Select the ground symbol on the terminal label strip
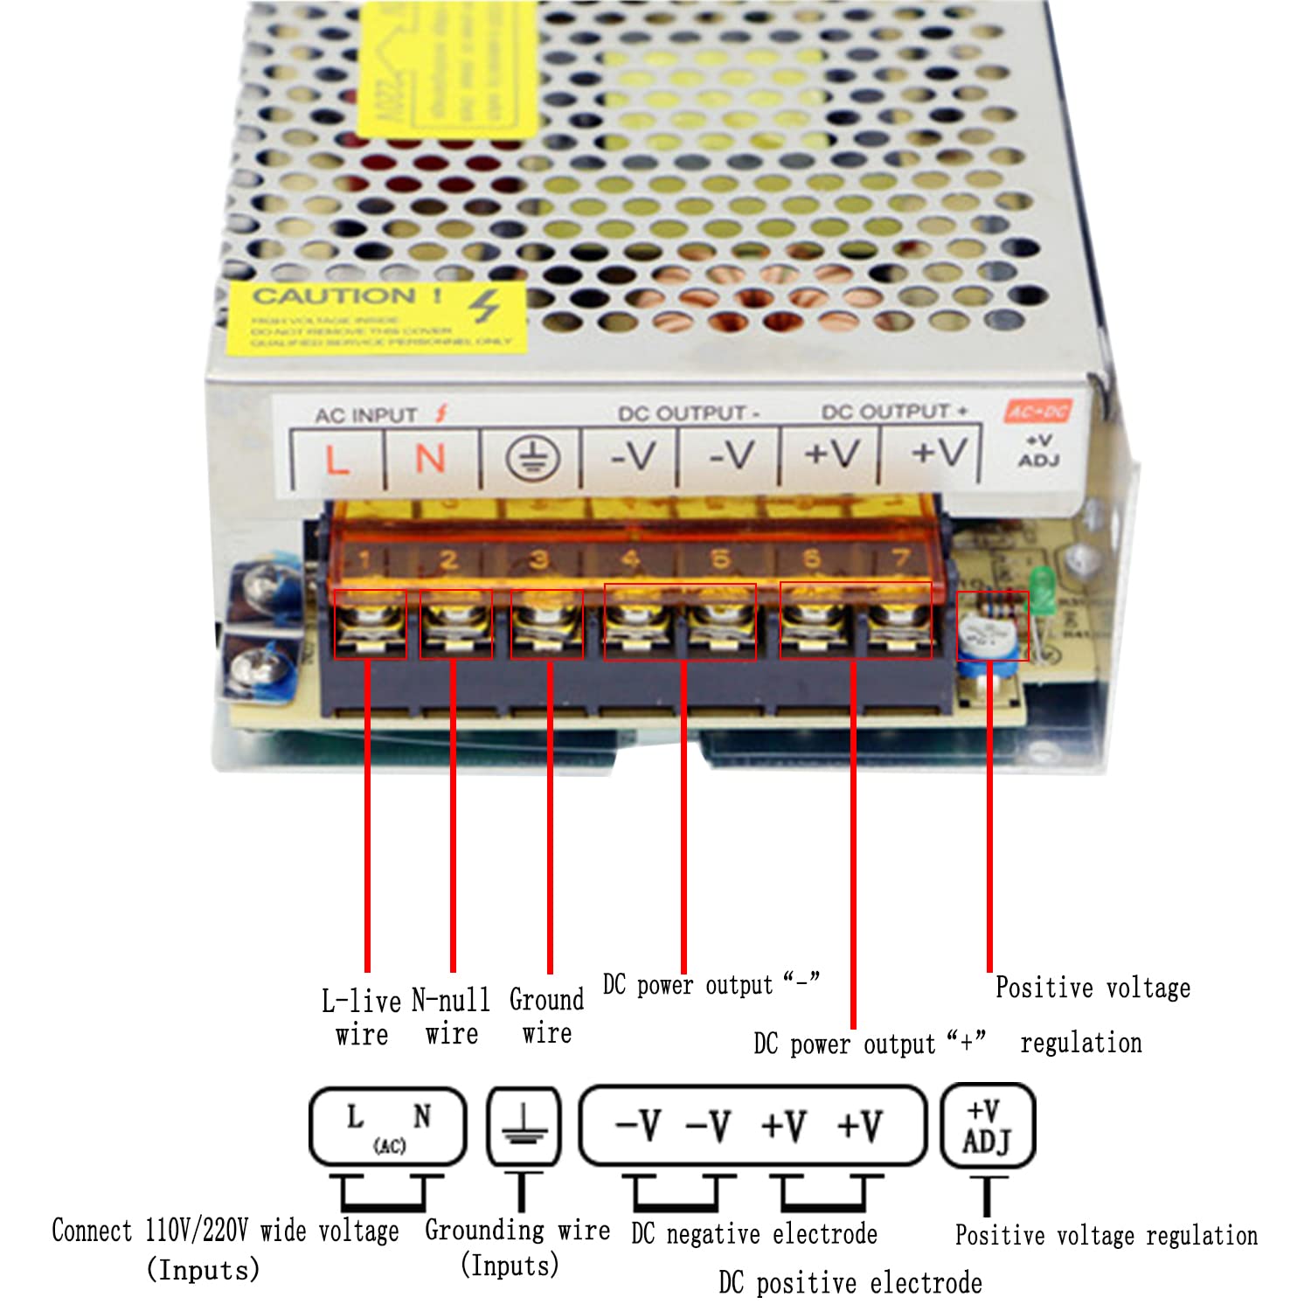(x=532, y=458)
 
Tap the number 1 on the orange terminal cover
(x=364, y=560)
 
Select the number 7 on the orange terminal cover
(x=900, y=558)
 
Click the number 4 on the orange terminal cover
(x=630, y=559)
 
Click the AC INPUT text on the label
(x=365, y=415)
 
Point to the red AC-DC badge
(x=1037, y=411)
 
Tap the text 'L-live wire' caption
(x=361, y=1017)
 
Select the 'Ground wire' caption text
(x=546, y=1016)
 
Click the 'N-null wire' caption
(x=451, y=1016)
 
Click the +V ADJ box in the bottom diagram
(x=987, y=1126)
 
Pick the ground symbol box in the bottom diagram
(x=523, y=1126)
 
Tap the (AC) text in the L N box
(x=389, y=1146)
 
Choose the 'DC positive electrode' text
(x=850, y=1282)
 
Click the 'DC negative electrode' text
(x=753, y=1233)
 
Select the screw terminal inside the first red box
(x=370, y=624)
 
